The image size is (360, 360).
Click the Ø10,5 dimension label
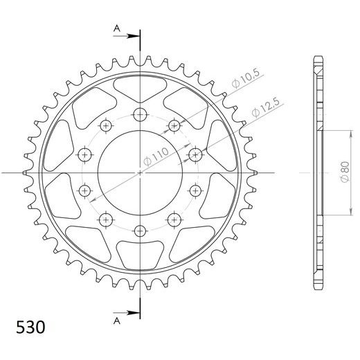(x=246, y=78)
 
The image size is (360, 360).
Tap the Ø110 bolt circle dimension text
(x=156, y=156)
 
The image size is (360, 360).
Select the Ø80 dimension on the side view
(x=345, y=172)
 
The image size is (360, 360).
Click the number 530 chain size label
(x=30, y=327)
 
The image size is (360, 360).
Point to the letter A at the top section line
(x=117, y=28)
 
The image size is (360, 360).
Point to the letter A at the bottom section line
(x=117, y=321)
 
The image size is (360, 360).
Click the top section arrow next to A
(x=127, y=36)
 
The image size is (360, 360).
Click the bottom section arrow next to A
(x=127, y=313)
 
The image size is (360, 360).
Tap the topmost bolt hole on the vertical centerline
(x=140, y=114)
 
